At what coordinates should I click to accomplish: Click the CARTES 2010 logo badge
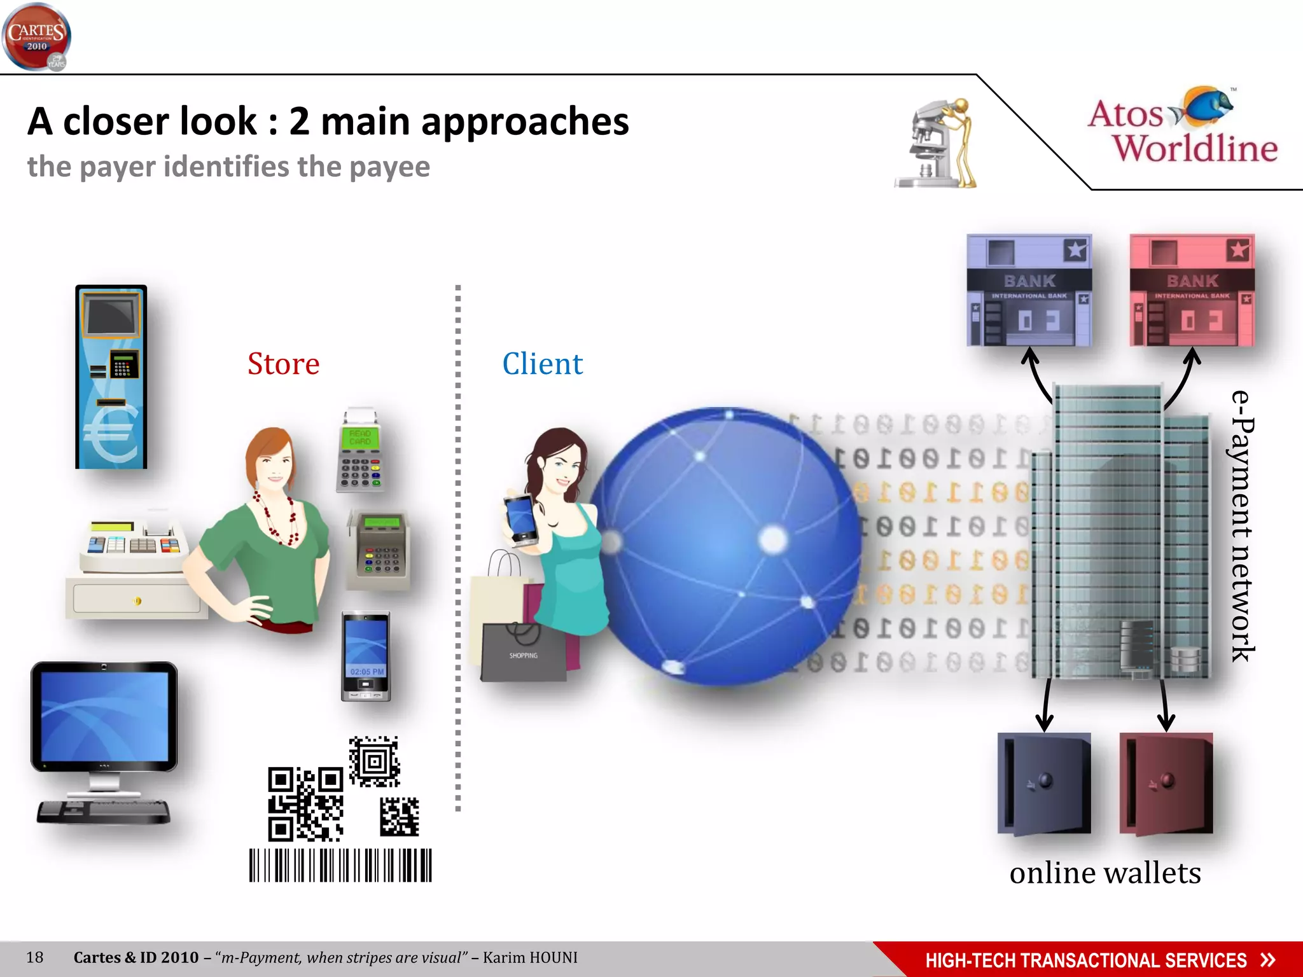point(36,36)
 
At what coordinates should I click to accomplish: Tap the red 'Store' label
point(283,364)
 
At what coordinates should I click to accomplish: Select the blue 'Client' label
point(542,364)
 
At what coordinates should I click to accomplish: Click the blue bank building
point(1029,291)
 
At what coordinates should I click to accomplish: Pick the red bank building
point(1192,291)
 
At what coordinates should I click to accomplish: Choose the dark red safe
point(1166,783)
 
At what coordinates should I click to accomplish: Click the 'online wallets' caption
point(1105,873)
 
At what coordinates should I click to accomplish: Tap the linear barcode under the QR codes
point(340,865)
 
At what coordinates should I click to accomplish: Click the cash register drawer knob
point(137,600)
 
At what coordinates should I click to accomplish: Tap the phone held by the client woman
point(521,518)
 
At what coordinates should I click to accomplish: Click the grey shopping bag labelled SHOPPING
point(523,652)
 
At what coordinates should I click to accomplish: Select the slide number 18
point(34,957)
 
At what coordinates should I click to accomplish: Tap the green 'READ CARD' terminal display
point(359,437)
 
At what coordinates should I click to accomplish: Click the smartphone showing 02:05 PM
point(366,655)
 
